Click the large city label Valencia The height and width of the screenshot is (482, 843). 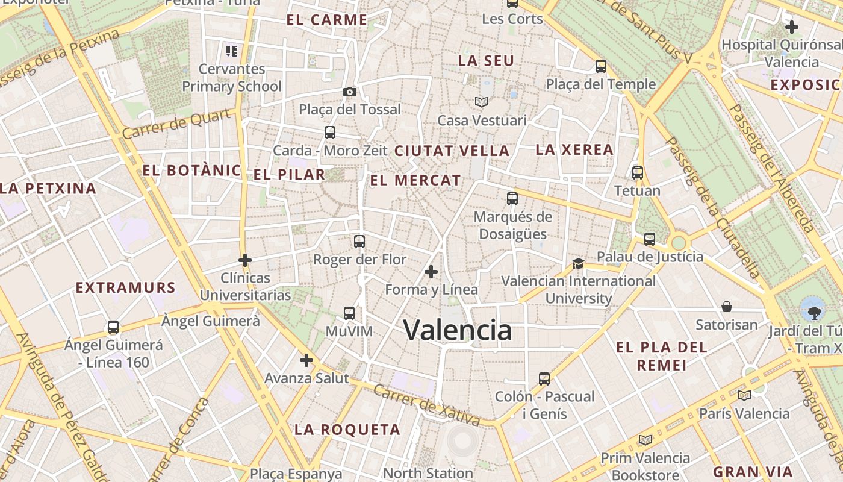tap(458, 330)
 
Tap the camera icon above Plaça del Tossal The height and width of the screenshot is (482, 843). tap(349, 92)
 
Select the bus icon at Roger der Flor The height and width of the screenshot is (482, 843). tap(359, 242)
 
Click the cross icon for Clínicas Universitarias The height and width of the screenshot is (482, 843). tap(245, 260)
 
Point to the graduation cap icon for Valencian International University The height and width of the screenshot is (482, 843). tap(578, 263)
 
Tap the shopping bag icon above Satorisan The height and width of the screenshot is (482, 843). tap(727, 307)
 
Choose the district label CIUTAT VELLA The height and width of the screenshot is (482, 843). tap(452, 151)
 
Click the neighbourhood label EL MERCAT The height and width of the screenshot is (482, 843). tap(415, 180)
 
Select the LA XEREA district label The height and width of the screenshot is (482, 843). tap(574, 149)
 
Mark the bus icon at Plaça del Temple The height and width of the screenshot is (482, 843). tap(600, 66)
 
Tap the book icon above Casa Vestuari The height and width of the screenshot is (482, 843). tap(482, 102)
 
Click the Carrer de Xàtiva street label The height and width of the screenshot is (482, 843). tap(426, 405)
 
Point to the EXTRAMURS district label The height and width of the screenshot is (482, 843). tap(125, 288)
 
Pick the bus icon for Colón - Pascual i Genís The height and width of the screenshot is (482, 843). tap(544, 379)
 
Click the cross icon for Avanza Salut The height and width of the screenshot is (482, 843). tap(306, 360)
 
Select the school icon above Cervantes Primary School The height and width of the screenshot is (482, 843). tap(232, 51)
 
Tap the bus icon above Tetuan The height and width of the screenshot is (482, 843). tap(638, 173)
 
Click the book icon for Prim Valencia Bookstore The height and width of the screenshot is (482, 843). tap(645, 440)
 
